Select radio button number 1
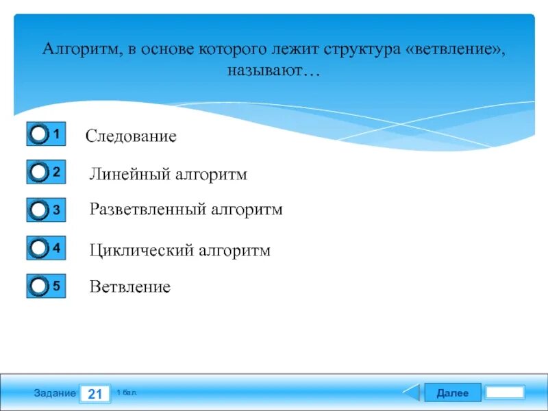[x=40, y=134]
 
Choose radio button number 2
[x=40, y=173]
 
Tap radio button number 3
[x=40, y=210]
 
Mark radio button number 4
[x=40, y=249]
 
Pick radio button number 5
[x=40, y=286]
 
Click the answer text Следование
[x=131, y=136]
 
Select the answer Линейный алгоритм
[x=168, y=175]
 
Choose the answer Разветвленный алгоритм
[x=186, y=209]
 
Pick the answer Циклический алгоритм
[x=179, y=251]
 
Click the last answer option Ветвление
[x=129, y=287]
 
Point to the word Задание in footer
[x=55, y=393]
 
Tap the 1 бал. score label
[x=127, y=392]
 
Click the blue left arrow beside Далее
[x=411, y=393]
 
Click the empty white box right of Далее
[x=505, y=393]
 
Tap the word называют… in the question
[x=274, y=71]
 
